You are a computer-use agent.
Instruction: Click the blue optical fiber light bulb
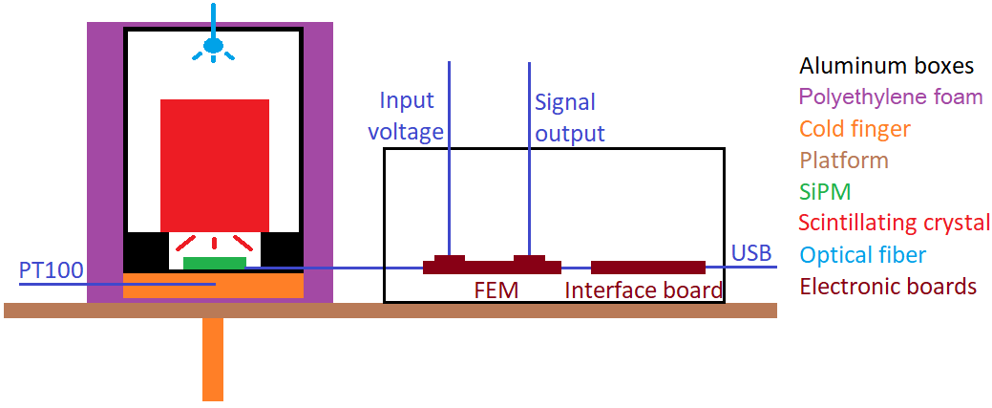click(x=213, y=45)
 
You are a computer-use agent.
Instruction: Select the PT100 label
click(x=51, y=270)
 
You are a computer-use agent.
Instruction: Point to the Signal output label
click(x=569, y=118)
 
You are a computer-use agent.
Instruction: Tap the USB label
click(x=751, y=253)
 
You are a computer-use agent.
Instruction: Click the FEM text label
click(x=496, y=290)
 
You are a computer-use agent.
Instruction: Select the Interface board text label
click(x=644, y=290)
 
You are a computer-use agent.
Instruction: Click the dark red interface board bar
click(x=648, y=267)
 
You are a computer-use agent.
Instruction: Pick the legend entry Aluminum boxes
click(x=886, y=66)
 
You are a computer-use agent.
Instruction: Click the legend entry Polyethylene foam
click(x=890, y=97)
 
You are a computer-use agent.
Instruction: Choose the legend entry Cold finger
click(x=855, y=128)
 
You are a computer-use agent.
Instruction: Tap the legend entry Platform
click(x=843, y=160)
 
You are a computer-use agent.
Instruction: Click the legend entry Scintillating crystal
click(x=894, y=223)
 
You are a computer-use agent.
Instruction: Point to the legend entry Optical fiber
click(x=862, y=254)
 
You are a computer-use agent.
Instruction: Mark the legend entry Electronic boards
click(x=887, y=286)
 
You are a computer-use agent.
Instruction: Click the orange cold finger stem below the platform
click(x=212, y=358)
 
